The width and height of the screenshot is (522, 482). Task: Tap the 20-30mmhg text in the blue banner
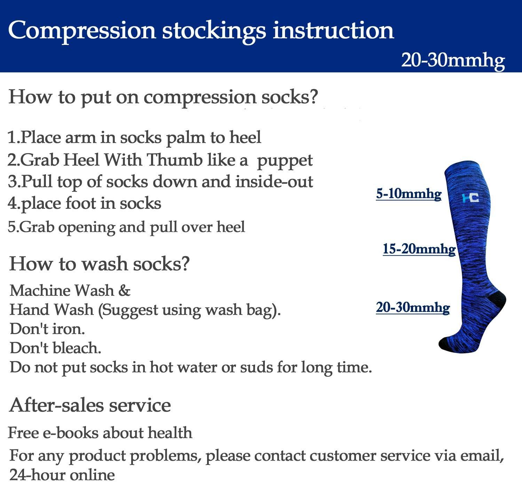click(x=453, y=60)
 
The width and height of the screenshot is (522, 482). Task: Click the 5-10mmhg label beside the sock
click(x=409, y=193)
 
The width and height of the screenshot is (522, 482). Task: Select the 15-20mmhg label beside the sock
click(x=419, y=249)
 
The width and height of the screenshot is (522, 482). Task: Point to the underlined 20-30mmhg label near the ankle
click(x=413, y=308)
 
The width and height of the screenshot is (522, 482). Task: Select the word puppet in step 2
click(x=285, y=161)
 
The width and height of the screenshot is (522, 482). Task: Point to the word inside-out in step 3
click(x=274, y=182)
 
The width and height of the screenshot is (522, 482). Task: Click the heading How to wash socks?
click(x=100, y=263)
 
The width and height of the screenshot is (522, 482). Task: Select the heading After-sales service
click(x=90, y=405)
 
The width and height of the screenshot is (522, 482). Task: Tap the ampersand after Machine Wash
click(x=124, y=291)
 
